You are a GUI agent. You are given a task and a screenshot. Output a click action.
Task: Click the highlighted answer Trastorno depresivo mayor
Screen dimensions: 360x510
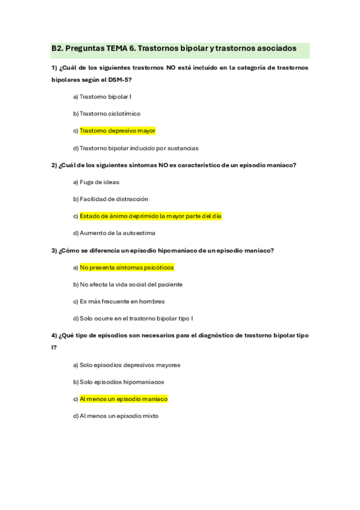coord(117,130)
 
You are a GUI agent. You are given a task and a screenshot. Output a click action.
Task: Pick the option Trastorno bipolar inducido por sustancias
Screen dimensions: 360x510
coord(138,147)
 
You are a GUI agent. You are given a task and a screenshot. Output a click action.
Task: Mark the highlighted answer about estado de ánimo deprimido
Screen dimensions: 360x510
coord(150,216)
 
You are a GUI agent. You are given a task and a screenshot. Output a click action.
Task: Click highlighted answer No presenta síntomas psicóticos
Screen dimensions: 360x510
coord(126,267)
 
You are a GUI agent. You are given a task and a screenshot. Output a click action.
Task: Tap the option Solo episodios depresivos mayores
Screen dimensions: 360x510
coord(130,364)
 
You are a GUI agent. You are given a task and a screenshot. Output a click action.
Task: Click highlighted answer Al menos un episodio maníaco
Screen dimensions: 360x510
coord(123,399)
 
